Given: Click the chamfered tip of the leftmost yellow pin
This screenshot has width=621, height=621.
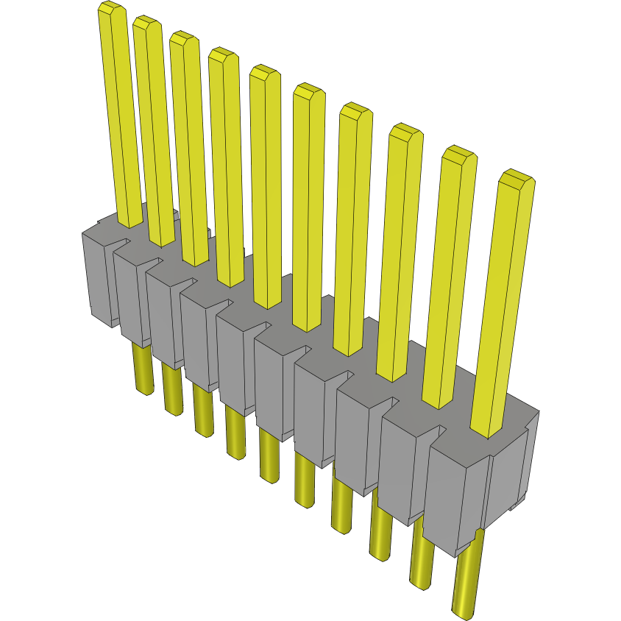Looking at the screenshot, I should pos(110,10).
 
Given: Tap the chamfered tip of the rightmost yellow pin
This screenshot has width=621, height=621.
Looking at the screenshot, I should pos(516,177).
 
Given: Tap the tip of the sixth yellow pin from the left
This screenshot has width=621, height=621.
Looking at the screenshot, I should pos(309,92).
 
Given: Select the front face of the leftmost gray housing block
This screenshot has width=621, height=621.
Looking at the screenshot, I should pos(98,280).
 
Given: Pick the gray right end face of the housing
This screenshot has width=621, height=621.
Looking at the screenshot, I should pos(508,471).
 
